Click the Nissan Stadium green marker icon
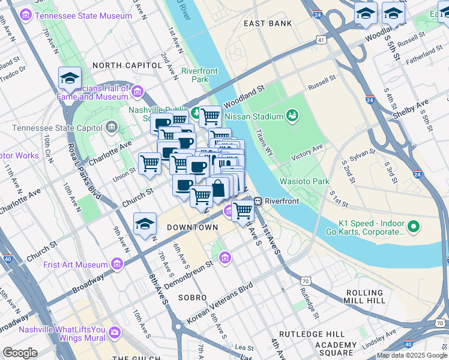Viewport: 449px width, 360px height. point(292,115)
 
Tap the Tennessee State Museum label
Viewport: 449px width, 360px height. point(83,16)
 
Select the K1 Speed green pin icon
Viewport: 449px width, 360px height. point(413,227)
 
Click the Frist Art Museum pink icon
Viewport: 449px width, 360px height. point(116,263)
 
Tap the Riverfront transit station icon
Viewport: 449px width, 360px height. point(258,201)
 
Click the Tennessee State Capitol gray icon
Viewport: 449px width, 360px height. point(112,127)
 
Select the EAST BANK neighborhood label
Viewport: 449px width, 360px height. point(268,23)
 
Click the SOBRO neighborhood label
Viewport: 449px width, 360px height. point(191,298)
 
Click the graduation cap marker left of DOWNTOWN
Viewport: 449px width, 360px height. point(145,224)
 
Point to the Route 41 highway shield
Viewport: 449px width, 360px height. point(322,40)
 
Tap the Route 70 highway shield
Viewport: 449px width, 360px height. point(306,280)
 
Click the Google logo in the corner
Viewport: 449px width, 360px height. point(20,352)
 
